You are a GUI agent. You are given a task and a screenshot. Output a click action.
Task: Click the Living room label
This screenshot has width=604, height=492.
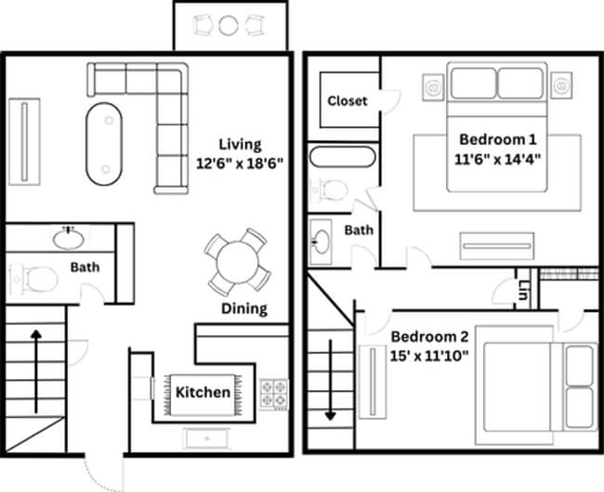click(x=240, y=144)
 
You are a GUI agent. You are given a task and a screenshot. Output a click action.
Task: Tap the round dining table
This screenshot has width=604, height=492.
click(x=239, y=261)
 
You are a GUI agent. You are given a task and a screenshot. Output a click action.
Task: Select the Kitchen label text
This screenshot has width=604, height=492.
click(x=203, y=392)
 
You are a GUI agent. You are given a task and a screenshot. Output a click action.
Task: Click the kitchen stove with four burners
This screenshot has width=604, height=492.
click(x=275, y=394)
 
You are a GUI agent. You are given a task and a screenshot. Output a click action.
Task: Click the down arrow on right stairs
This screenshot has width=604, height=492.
click(x=330, y=381)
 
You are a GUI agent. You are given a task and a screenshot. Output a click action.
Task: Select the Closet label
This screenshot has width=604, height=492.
click(x=347, y=100)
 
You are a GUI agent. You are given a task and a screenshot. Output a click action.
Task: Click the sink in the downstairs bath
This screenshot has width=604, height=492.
click(x=68, y=239)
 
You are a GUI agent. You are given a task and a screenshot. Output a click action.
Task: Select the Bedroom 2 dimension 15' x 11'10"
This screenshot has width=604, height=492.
click(x=429, y=354)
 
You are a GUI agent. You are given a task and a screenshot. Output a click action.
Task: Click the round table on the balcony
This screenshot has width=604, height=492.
click(x=229, y=26)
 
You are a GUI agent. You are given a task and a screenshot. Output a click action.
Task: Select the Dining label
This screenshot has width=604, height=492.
click(x=243, y=308)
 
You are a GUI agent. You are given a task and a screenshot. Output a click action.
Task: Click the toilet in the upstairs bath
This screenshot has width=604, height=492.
click(x=332, y=190)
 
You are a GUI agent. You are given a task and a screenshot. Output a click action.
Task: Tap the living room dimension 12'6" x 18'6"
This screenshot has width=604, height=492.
click(x=239, y=162)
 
